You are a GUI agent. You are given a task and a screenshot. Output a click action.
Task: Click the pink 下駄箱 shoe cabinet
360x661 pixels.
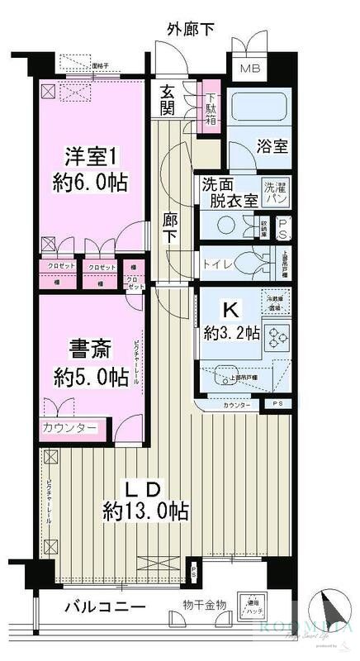[211, 102]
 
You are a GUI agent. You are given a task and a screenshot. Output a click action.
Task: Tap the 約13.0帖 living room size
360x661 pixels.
[144, 511]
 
